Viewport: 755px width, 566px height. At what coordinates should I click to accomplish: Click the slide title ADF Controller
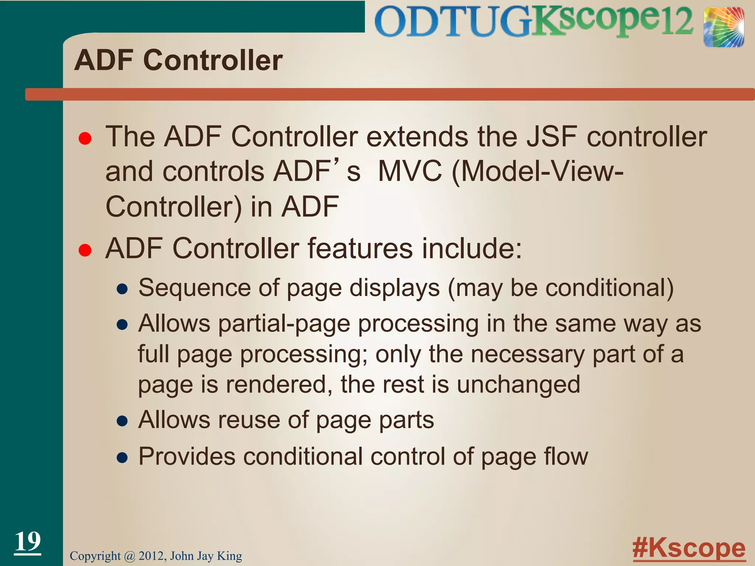tap(178, 60)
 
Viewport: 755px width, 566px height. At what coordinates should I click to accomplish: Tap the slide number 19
tap(28, 542)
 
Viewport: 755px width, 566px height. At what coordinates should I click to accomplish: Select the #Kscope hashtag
tap(689, 548)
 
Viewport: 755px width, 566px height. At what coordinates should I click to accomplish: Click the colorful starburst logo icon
tap(723, 27)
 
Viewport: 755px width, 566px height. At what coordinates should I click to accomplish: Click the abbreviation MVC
tap(410, 172)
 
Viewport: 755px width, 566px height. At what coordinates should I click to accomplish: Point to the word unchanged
tap(518, 384)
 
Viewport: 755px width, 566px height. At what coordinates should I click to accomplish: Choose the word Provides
tap(187, 457)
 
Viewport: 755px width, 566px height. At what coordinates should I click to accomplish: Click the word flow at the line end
tap(565, 457)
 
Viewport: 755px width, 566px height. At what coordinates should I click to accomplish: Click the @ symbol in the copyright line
tap(129, 556)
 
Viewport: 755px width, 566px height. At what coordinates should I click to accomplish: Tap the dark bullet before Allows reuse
tap(122, 421)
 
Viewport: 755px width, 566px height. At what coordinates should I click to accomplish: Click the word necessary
tap(528, 354)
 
